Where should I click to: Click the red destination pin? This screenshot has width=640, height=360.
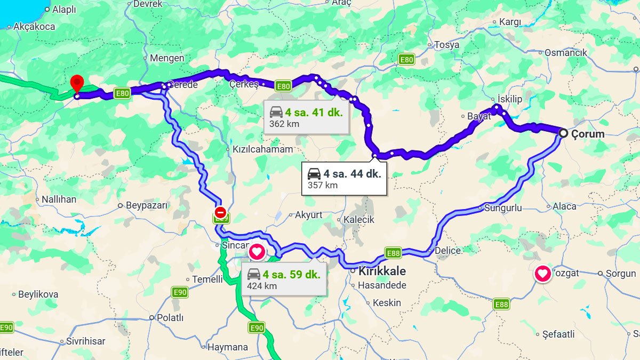77,84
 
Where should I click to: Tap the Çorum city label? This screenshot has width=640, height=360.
588,134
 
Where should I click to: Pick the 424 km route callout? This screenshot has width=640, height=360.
284,279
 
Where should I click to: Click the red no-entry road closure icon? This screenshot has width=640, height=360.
220,212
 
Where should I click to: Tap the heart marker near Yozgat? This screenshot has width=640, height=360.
543,274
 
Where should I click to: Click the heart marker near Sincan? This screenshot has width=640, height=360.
257,250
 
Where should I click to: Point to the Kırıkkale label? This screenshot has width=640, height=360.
382,271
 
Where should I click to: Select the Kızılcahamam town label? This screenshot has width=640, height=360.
263,149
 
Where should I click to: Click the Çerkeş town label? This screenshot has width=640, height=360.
244,84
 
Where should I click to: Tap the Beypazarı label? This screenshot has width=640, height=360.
147,205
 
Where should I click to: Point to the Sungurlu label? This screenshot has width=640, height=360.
503,208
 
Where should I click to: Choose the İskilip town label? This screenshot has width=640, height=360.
509,99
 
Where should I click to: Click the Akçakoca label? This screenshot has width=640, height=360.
34,27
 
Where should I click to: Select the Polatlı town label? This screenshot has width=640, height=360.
170,317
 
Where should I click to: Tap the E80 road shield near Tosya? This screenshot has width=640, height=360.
406,60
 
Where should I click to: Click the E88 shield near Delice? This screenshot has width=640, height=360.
393,253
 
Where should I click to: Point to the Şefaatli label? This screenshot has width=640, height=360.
558,334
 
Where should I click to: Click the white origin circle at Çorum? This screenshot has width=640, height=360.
563,133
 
